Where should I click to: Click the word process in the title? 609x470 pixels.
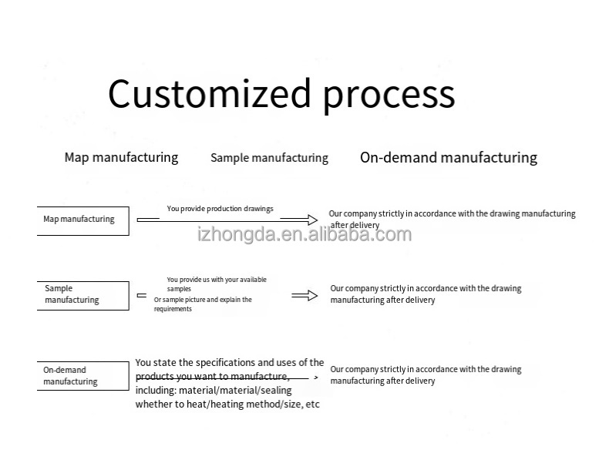point(389,96)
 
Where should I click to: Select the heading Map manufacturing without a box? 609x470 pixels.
point(121,157)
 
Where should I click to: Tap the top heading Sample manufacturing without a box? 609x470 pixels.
point(269,158)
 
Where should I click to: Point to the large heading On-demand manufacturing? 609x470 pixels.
point(448,157)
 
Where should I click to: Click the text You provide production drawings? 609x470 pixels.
point(220,209)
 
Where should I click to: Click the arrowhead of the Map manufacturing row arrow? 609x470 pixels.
point(310,220)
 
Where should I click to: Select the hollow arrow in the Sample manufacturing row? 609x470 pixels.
point(305,295)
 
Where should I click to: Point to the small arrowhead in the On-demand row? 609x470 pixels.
point(315,378)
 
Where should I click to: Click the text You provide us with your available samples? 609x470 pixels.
point(217,284)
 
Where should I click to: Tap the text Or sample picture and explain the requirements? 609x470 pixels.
point(203,304)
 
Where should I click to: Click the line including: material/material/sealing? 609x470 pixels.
point(214,391)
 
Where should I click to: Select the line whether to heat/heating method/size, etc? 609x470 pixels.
point(227,404)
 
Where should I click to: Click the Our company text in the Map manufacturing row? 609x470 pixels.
point(452,219)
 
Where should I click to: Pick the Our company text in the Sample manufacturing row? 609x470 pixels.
point(426,294)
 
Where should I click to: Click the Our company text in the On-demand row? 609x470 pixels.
point(426,375)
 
